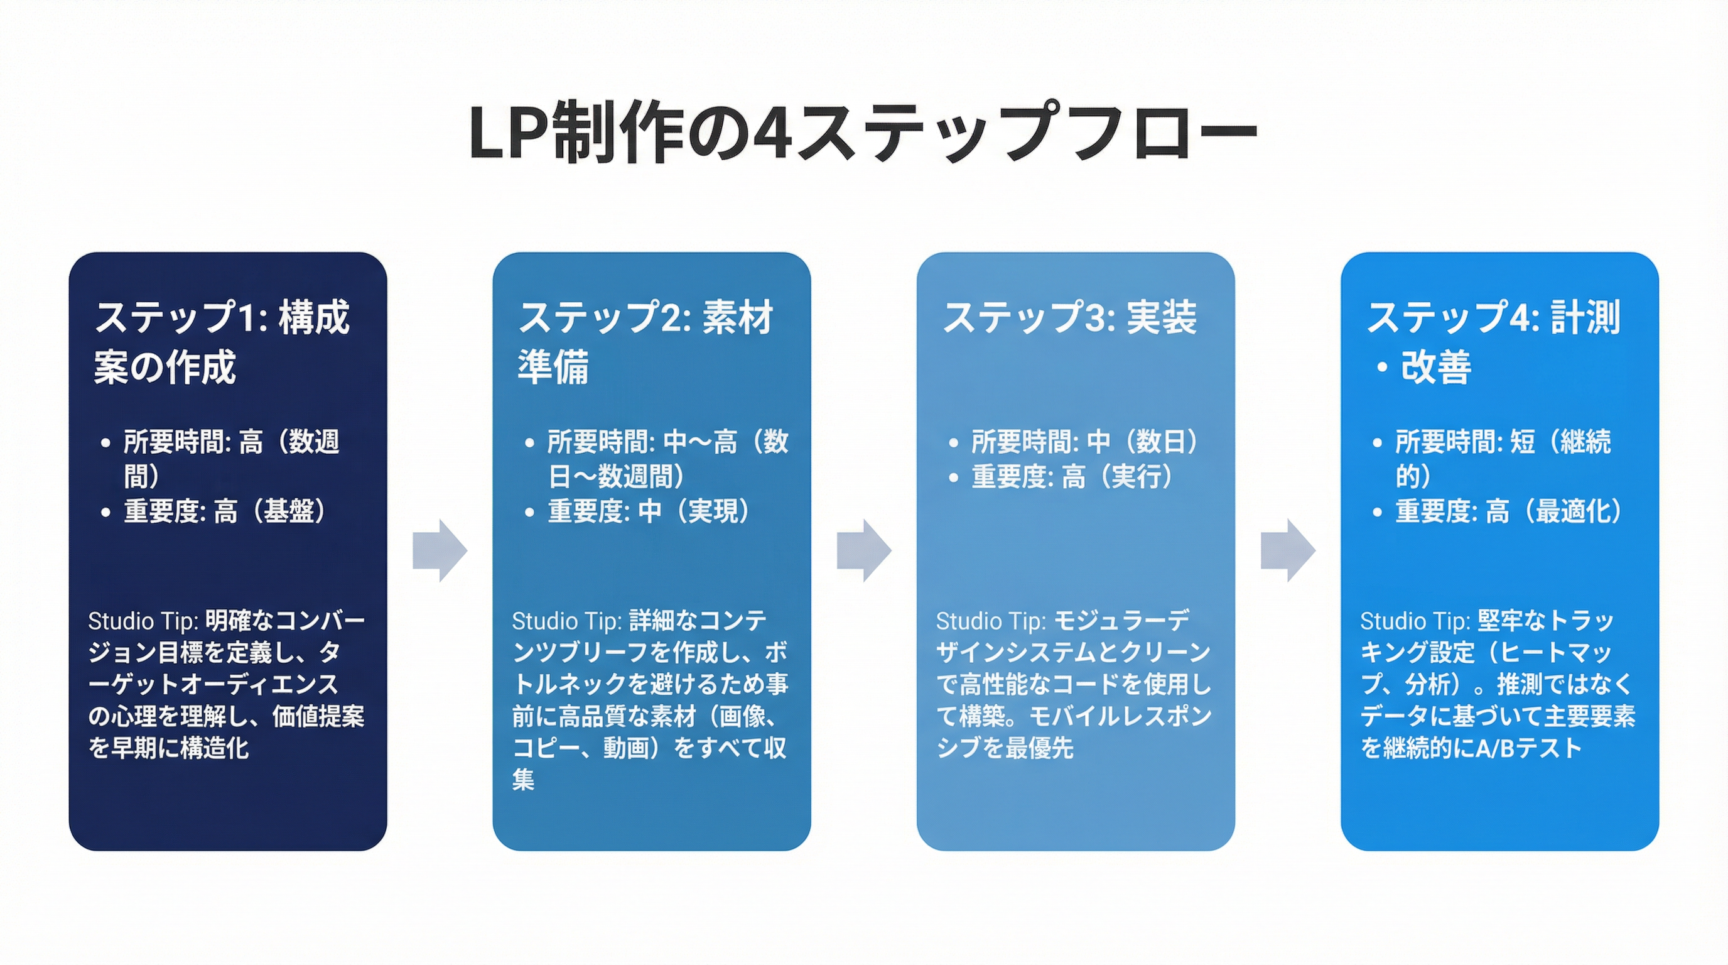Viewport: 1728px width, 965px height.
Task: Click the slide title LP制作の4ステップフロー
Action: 863,132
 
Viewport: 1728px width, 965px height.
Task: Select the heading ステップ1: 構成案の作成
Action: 222,342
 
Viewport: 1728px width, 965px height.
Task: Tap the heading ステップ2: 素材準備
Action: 645,342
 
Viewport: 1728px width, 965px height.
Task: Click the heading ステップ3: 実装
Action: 1069,317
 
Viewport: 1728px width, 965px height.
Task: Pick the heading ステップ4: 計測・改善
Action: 1493,342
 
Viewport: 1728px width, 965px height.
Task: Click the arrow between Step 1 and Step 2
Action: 440,550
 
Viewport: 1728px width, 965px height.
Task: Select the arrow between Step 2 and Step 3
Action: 863,550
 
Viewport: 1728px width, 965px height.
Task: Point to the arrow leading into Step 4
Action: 1287,550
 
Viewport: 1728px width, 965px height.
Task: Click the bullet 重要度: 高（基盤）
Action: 224,511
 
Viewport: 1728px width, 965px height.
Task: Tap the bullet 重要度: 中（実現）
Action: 648,511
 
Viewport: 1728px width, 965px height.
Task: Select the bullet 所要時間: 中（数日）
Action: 1084,442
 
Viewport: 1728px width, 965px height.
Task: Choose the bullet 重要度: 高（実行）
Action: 1072,476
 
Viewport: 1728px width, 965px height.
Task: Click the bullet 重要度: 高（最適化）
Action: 1508,511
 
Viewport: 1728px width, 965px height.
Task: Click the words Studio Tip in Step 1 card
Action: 142,621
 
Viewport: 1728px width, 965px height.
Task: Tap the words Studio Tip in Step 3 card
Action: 990,621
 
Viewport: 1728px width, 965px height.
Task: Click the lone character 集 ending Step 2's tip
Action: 523,779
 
